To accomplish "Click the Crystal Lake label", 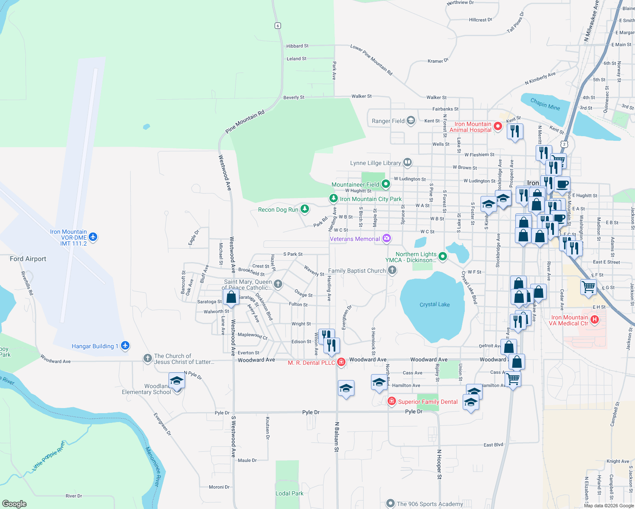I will [x=434, y=305].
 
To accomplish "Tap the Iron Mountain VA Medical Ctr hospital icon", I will [x=595, y=320].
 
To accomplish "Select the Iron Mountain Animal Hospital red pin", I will [x=497, y=126].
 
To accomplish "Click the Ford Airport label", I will [x=28, y=259].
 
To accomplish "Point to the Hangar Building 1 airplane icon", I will [x=125, y=346].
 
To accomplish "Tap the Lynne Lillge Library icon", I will [x=407, y=162].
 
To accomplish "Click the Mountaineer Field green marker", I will [x=385, y=184].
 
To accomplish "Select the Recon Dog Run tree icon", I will [x=304, y=209].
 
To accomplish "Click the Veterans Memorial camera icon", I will [x=386, y=238].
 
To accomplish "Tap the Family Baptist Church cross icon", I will [x=392, y=270].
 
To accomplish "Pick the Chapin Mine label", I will [x=545, y=104].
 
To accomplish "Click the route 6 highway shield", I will [x=278, y=25].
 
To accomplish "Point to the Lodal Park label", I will [x=289, y=493].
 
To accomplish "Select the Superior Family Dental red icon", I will [x=391, y=401].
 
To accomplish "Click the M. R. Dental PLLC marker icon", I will [x=341, y=362].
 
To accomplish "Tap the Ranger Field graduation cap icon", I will [x=410, y=120].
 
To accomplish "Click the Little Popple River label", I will [x=49, y=456].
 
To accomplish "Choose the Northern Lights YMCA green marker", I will [x=443, y=256].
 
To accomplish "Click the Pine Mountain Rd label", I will [x=245, y=122].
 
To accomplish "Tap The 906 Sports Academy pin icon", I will [x=390, y=503].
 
